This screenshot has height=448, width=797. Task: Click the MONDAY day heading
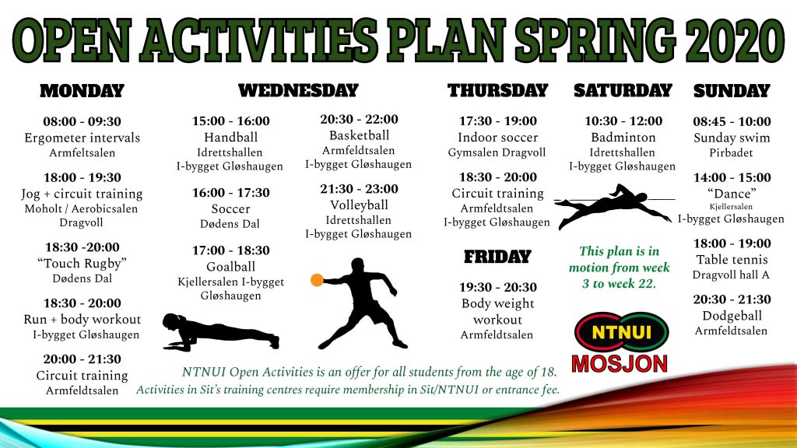[82, 91]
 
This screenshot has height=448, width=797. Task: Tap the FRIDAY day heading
[497, 257]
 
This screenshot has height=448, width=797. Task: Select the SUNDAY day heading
[732, 91]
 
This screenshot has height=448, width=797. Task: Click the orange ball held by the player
[318, 280]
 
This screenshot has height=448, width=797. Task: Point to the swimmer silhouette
[613, 205]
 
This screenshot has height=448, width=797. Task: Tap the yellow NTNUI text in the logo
[621, 333]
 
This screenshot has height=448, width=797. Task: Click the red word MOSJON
[620, 364]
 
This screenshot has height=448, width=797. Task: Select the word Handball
[230, 137]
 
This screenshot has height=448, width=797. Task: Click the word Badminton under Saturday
[623, 137]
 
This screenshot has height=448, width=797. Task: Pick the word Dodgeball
[732, 316]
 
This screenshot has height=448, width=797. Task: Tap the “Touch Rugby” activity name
[82, 263]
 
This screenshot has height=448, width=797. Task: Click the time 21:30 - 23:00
[359, 189]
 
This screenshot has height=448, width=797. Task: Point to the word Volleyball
[359, 205]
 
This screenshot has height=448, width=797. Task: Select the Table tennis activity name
[732, 260]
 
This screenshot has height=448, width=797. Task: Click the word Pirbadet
[731, 152]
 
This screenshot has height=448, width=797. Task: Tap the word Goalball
[230, 267]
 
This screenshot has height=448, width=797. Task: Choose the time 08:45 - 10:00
[732, 121]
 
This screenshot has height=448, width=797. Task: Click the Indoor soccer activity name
[497, 137]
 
